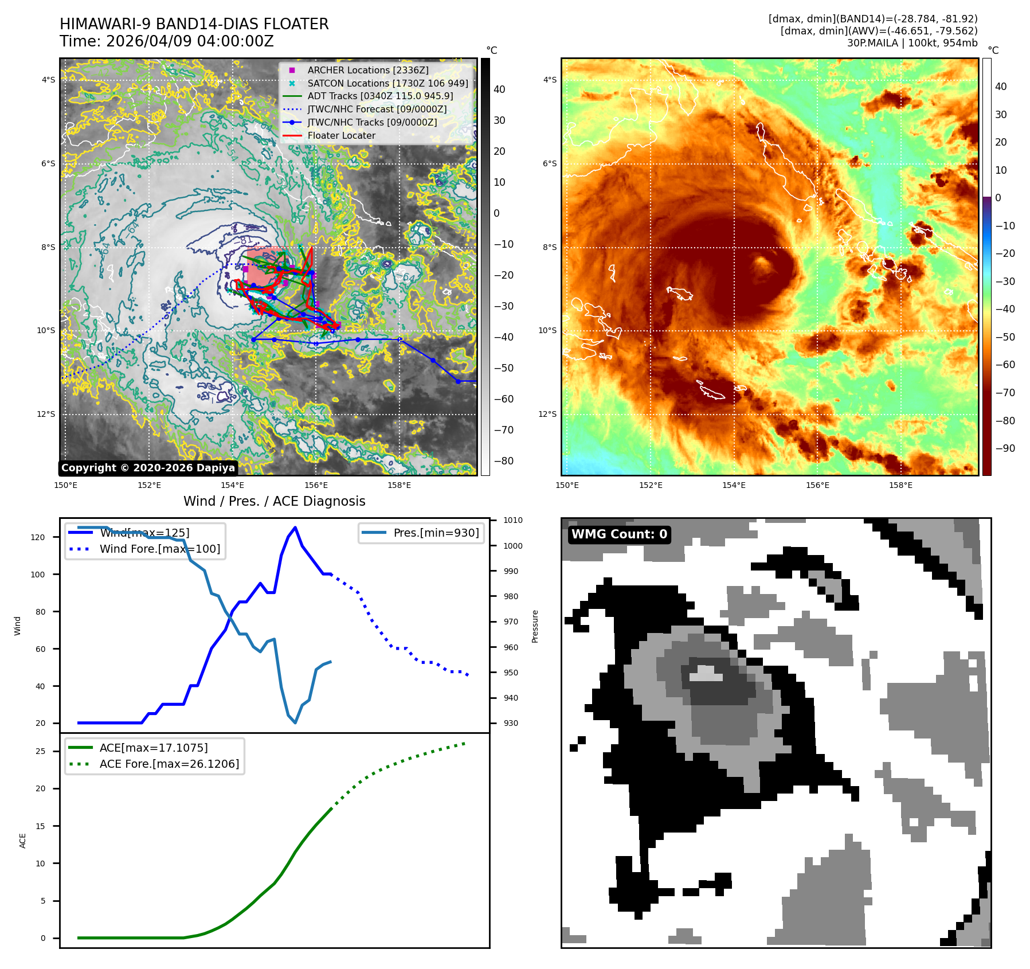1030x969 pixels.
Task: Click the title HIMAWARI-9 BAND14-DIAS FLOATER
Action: point(194,24)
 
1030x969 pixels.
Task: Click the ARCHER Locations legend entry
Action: point(367,70)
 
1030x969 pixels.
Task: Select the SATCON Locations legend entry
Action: point(387,83)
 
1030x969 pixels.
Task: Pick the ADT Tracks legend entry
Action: point(380,96)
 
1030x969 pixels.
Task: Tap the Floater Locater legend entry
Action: point(341,135)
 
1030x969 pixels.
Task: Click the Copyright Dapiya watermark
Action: point(148,468)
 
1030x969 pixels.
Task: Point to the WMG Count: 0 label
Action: point(619,534)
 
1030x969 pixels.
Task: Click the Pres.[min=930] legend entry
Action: point(436,533)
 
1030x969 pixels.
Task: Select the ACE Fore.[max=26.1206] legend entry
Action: point(169,764)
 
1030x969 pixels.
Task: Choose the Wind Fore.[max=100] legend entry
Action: point(159,549)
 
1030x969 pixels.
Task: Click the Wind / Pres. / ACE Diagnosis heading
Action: point(274,501)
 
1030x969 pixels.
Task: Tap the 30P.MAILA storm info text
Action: point(912,43)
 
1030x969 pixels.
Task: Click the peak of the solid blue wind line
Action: point(295,528)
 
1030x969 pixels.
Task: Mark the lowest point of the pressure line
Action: point(295,722)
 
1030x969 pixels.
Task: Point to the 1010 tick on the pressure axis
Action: point(513,520)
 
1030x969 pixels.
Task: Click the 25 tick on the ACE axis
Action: point(41,751)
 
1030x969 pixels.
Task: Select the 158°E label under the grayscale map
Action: point(399,485)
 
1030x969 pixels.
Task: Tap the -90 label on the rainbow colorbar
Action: point(1005,448)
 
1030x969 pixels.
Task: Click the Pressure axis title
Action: point(535,626)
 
